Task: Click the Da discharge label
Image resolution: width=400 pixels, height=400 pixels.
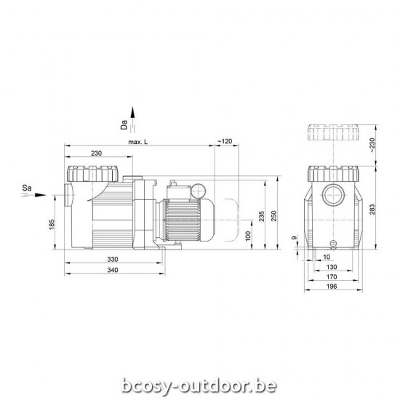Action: [x=124, y=123]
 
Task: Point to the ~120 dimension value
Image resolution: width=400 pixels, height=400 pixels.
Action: [x=225, y=140]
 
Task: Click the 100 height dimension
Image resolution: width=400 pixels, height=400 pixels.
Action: [x=248, y=236]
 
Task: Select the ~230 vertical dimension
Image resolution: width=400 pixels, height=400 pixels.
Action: [x=373, y=145]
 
